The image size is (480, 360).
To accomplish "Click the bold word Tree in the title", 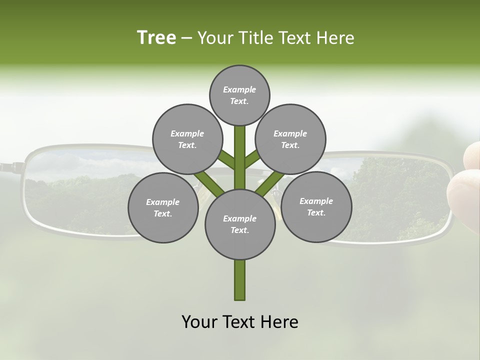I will [x=156, y=38].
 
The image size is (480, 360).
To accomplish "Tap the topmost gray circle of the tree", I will [x=239, y=95].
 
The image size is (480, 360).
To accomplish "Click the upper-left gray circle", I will [x=187, y=139].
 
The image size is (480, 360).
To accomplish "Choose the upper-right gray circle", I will [x=290, y=139].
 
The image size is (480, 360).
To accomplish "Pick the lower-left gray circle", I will [x=163, y=207].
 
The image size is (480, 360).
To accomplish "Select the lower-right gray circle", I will [x=316, y=206].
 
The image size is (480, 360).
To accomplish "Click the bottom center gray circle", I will [x=240, y=224].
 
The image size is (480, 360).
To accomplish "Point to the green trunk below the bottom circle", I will [x=240, y=280].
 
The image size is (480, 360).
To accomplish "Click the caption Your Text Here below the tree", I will [x=240, y=322].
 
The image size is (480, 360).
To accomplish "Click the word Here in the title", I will [x=336, y=38].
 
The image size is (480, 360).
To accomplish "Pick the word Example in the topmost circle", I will [x=239, y=89].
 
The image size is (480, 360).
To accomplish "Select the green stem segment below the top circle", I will [x=240, y=150].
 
